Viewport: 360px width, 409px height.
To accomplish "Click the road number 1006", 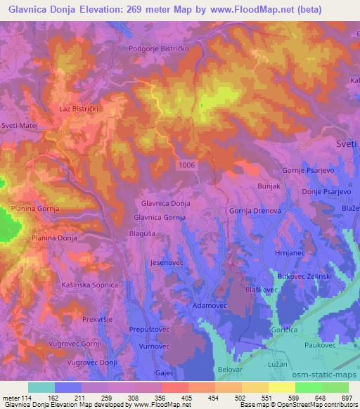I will coord(188,164).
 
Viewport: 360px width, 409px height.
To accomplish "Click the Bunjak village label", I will coord(269,187).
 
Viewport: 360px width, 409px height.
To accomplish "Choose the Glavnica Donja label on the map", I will coord(166,203).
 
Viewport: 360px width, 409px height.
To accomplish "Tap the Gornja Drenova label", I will coord(255,210).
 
